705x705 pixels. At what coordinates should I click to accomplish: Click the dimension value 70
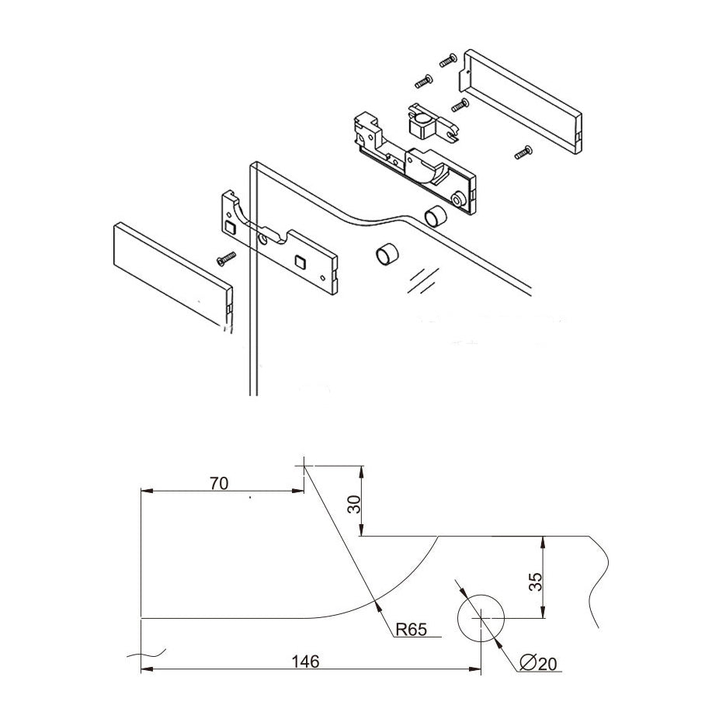click(219, 483)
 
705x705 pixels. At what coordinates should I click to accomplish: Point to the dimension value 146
click(304, 662)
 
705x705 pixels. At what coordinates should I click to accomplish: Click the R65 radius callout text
click(411, 629)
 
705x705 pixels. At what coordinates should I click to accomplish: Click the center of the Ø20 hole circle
click(481, 618)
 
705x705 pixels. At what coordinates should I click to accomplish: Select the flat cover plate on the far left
click(172, 273)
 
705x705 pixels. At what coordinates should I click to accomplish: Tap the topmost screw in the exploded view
click(446, 59)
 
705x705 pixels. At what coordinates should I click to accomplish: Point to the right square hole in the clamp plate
click(300, 262)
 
